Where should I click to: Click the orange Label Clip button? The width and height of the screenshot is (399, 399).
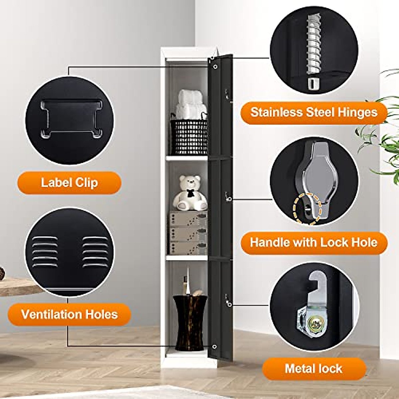(69, 183)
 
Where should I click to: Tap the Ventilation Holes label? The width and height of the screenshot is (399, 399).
(69, 314)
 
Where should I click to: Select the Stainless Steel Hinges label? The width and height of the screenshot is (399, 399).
(314, 112)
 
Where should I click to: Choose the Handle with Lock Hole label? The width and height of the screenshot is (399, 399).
(314, 242)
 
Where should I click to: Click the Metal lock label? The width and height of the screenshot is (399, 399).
(314, 368)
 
